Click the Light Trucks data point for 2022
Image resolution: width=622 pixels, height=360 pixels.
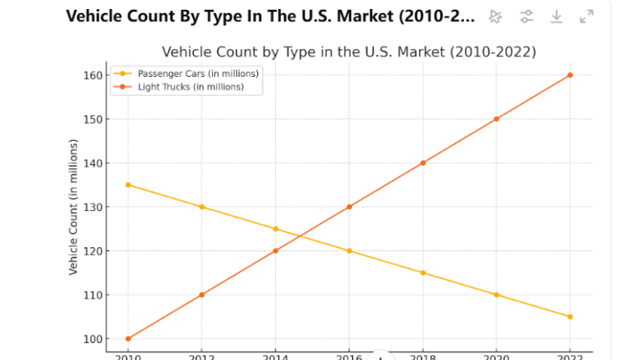570,75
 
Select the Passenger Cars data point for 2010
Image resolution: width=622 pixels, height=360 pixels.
128,185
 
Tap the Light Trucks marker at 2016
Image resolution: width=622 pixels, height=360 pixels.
349,207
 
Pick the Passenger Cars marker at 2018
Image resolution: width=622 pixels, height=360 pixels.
422,272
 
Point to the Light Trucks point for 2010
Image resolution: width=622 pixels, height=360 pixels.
128,339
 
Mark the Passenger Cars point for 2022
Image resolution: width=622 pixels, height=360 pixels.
570,317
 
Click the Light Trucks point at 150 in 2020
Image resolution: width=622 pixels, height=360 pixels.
496,119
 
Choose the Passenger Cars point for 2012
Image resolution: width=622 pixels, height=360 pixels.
201,207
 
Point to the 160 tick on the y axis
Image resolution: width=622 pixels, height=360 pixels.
92,75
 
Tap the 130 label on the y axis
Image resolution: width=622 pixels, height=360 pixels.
92,207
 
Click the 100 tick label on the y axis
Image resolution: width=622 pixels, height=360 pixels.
92,339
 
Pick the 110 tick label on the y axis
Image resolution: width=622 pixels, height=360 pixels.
92,295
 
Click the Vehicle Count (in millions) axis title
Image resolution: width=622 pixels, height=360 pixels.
73,207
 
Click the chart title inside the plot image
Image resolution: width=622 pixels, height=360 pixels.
349,52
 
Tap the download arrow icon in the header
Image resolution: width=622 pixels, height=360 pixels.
557,16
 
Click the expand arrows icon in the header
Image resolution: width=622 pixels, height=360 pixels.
586,16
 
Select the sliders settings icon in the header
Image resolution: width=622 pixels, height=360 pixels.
526,16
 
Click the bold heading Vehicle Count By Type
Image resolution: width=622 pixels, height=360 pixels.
270,16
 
